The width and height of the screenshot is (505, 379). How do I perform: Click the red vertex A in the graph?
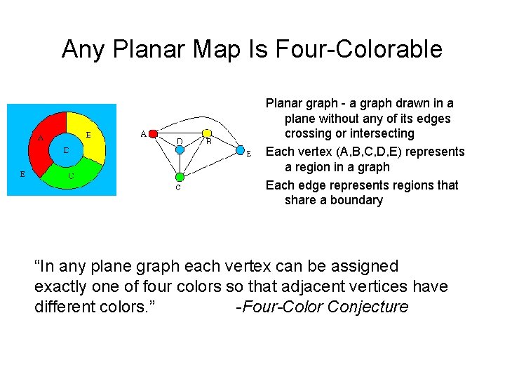pyautogui.click(x=154, y=133)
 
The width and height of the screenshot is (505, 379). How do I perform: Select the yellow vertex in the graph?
pyautogui.click(x=207, y=133)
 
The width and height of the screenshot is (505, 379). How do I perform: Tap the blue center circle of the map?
pyautogui.click(x=65, y=150)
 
